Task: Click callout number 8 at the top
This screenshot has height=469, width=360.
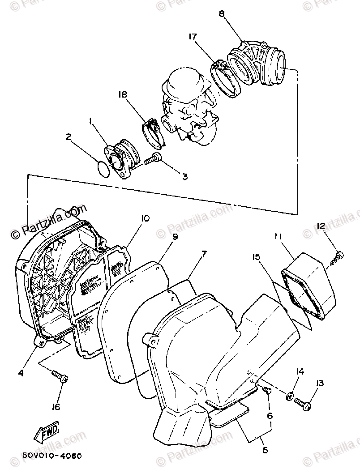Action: pyautogui.click(x=221, y=14)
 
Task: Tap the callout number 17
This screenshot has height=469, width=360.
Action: pyautogui.click(x=193, y=37)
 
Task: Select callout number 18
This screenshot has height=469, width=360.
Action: pyautogui.click(x=123, y=95)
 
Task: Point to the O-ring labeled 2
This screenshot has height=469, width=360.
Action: pyautogui.click(x=103, y=169)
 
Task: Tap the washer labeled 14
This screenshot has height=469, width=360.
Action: pyautogui.click(x=290, y=396)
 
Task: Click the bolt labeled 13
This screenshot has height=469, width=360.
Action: pyautogui.click(x=304, y=405)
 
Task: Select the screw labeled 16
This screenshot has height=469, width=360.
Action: pyautogui.click(x=60, y=377)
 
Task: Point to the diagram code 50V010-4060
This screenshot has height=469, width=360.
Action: pyautogui.click(x=52, y=456)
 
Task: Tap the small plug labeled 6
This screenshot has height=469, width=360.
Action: pyautogui.click(x=269, y=390)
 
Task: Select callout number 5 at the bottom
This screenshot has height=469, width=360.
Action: pyautogui.click(x=265, y=450)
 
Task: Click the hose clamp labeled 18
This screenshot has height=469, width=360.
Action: pyautogui.click(x=152, y=131)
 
